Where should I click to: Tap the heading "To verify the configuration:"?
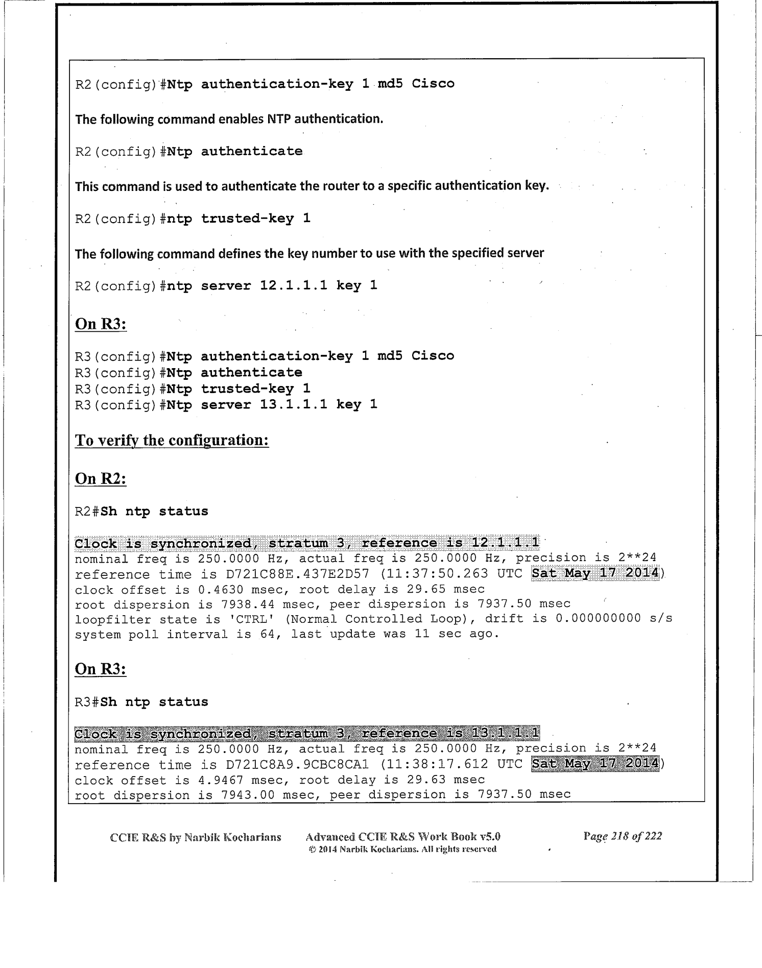pos(172,440)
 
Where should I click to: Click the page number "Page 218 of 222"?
pos(622,836)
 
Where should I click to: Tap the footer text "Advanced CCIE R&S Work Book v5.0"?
pos(402,836)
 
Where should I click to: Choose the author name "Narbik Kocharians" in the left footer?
pos(232,837)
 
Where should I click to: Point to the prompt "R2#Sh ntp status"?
pos(141,511)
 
